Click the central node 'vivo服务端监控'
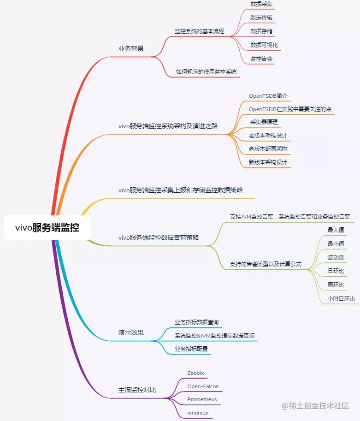tap(47, 227)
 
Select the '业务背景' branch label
tap(131, 48)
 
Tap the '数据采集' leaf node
tap(261, 4)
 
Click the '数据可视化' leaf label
tap(264, 45)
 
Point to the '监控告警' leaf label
tap(261, 59)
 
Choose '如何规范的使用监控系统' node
tap(206, 71)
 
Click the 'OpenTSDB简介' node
tap(268, 96)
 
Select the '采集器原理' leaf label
tap(264, 122)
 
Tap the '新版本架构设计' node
tap(268, 162)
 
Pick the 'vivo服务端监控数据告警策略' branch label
tap(159, 237)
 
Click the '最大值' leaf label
tap(336, 230)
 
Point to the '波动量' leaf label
tap(336, 257)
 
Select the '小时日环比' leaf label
tap(341, 299)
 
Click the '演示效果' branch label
tap(131, 332)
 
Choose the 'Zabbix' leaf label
tap(195, 373)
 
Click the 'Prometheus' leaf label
tap(202, 399)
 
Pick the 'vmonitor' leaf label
tap(198, 412)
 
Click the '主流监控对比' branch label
tap(137, 390)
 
